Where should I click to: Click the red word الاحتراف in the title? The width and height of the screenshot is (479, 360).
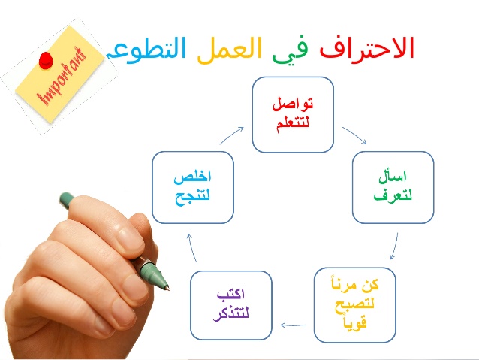[x=367, y=47]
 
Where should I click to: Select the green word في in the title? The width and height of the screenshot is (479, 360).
[x=290, y=50]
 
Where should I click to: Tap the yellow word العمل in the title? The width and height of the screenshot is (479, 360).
[x=230, y=49]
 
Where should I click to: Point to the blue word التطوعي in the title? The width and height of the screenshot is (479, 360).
[x=146, y=50]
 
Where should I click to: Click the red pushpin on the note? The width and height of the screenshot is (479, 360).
[x=46, y=61]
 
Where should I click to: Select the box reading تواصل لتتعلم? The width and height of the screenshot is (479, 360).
[x=293, y=115]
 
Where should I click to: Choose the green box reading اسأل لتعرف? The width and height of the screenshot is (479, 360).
[x=393, y=187]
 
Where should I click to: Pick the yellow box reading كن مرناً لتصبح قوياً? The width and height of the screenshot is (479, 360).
[x=354, y=305]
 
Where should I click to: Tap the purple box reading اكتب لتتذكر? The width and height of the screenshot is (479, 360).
[x=231, y=305]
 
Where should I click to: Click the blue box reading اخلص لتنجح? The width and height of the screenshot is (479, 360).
[x=193, y=187]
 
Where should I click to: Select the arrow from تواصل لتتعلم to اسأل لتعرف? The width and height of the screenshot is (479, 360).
[x=354, y=135]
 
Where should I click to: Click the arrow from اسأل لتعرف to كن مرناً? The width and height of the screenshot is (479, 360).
[x=395, y=246]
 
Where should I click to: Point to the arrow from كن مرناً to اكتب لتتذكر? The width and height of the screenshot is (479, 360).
[x=294, y=325]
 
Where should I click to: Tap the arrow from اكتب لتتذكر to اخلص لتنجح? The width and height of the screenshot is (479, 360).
[x=191, y=247]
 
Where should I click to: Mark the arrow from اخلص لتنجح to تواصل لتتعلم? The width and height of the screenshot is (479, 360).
[x=232, y=135]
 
